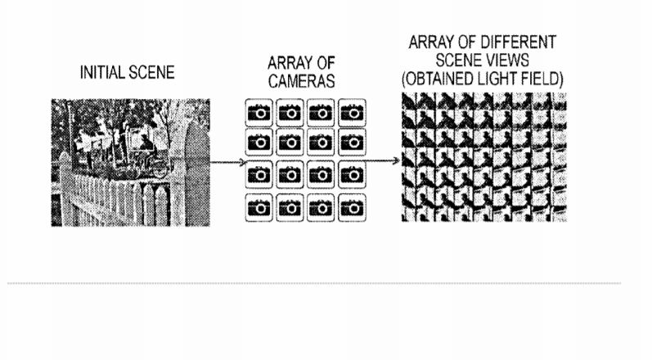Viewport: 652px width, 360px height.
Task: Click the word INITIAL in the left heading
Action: pyautogui.click(x=101, y=72)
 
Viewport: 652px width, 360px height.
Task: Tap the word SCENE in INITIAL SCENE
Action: pyautogui.click(x=151, y=72)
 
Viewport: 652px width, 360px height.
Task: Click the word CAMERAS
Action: pyautogui.click(x=302, y=81)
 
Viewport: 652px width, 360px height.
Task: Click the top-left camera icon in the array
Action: pyautogui.click(x=259, y=112)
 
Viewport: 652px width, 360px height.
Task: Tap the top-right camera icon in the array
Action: pyautogui.click(x=353, y=112)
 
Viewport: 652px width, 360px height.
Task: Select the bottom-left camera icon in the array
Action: pyautogui.click(x=259, y=208)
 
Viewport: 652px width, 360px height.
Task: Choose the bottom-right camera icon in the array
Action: pyautogui.click(x=353, y=208)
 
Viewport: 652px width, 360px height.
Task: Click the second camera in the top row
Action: pyautogui.click(x=290, y=112)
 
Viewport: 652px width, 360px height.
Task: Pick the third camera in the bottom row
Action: pyautogui.click(x=321, y=208)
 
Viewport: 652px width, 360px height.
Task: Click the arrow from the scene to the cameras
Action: pyautogui.click(x=228, y=162)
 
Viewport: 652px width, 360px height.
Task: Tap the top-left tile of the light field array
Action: pyautogui.click(x=408, y=101)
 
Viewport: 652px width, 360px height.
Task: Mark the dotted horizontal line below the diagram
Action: pyautogui.click(x=314, y=284)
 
